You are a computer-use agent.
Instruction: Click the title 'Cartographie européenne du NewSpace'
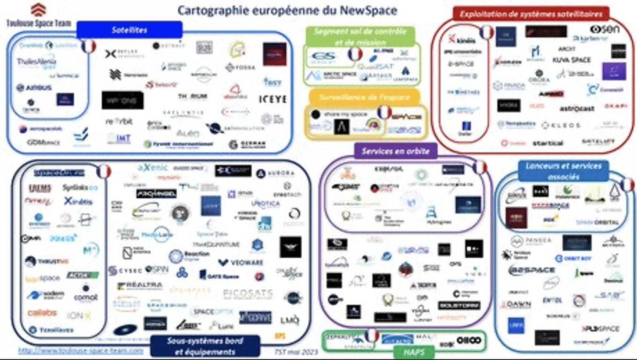coord(287,10)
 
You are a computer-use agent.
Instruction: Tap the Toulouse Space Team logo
coord(38,15)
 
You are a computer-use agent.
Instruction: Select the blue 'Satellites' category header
coord(129,30)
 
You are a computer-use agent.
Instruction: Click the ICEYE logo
coord(273,99)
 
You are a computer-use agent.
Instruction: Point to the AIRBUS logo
coord(34,88)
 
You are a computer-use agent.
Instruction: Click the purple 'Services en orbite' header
coord(395,151)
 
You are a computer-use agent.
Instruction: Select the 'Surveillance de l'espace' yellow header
coord(364,97)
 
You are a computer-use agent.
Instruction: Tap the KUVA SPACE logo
coord(571,60)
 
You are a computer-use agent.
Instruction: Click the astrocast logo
coord(576,109)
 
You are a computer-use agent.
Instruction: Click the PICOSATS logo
coord(248,294)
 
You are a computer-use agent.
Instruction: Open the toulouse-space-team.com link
coord(81,350)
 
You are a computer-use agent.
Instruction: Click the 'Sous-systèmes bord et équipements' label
coord(205,346)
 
